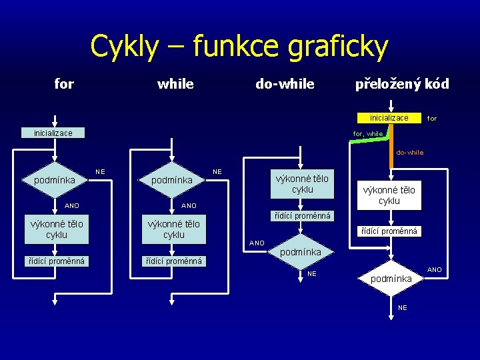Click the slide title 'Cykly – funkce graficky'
tap(239, 47)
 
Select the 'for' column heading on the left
tap(64, 84)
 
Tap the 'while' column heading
tap(175, 84)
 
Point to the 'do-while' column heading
tap(285, 84)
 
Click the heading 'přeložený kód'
tap(402, 84)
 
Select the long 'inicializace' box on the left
tap(53, 133)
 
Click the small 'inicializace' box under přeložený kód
tap(389, 118)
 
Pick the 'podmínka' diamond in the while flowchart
tap(172, 180)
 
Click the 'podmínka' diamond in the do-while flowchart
tap(300, 252)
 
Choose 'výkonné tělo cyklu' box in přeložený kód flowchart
tap(389, 195)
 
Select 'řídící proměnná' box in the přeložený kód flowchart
tap(389, 231)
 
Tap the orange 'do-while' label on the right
tap(409, 153)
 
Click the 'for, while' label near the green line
tap(368, 133)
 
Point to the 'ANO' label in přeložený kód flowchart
tap(435, 270)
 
